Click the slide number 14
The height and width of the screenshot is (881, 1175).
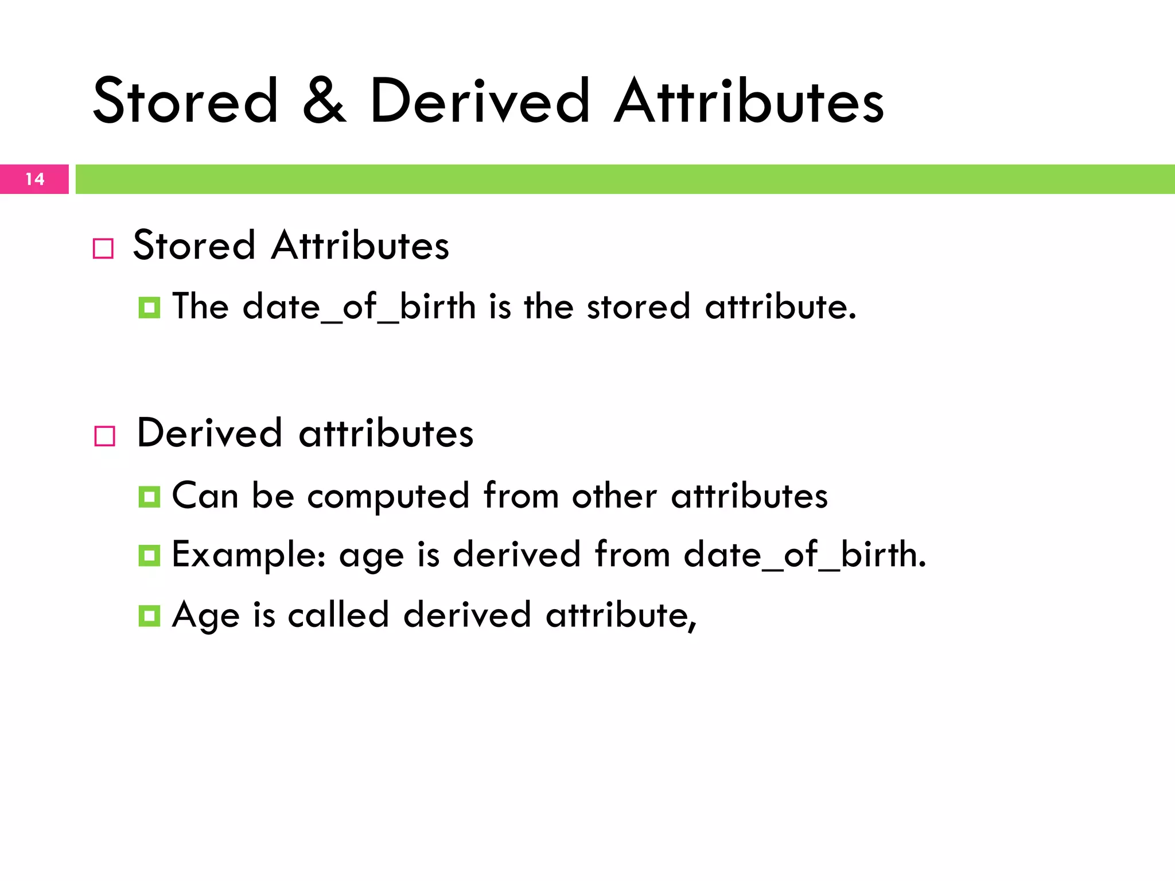pos(35,179)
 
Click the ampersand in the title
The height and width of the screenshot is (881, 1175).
pos(325,102)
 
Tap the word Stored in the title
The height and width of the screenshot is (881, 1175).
pos(185,102)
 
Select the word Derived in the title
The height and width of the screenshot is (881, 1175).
pos(480,102)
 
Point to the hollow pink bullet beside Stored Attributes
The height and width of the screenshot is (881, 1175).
pos(103,249)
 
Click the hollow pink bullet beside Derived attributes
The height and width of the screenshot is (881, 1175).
pos(105,436)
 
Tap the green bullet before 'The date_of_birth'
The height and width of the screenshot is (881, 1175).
pos(149,308)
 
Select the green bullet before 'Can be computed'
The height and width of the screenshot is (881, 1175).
pos(149,497)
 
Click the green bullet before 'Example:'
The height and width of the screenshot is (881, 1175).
pos(149,555)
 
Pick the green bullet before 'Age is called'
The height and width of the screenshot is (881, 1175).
pos(149,616)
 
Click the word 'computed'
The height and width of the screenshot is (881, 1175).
pos(388,497)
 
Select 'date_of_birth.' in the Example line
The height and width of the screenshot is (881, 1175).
pos(804,555)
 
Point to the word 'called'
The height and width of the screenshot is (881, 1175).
pos(339,615)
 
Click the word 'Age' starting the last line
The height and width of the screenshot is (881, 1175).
pos(205,616)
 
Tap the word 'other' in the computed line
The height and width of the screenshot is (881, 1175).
pos(614,496)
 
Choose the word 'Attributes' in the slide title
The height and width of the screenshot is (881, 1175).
pos(749,102)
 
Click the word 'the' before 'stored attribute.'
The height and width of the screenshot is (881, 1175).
pos(548,306)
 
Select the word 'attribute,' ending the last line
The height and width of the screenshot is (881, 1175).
pos(621,615)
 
